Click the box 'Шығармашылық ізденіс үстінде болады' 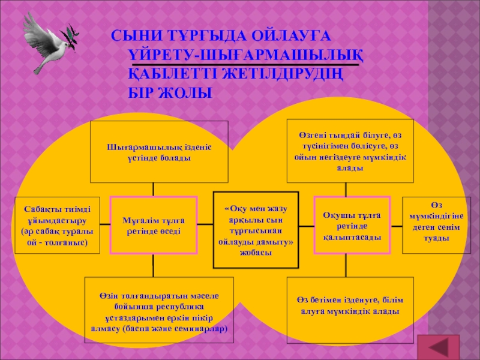tap(159, 152)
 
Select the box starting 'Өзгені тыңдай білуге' tap(350, 152)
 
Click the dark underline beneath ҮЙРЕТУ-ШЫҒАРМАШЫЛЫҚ tap(246, 63)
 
